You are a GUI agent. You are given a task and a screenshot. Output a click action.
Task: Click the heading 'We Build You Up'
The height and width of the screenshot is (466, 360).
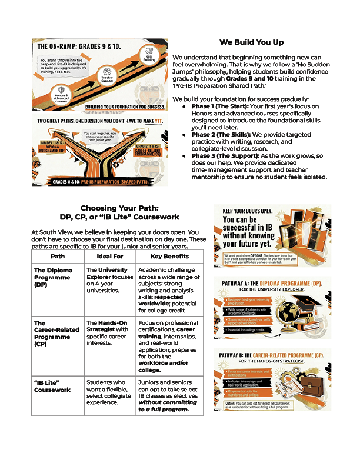tap(251, 42)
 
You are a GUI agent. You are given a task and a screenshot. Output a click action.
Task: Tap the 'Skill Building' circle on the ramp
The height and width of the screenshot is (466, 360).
tap(149, 57)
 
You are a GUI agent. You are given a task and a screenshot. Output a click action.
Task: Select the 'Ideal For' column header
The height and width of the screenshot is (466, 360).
tap(109, 257)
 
